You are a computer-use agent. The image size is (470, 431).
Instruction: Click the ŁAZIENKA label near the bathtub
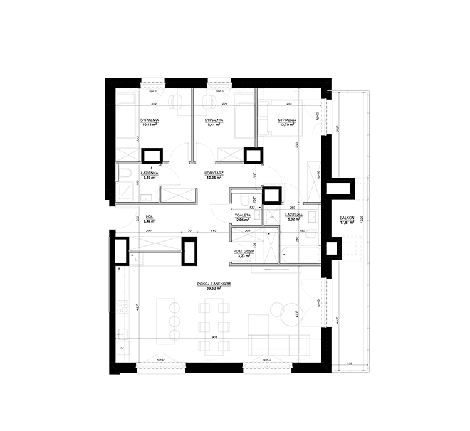point(294,215)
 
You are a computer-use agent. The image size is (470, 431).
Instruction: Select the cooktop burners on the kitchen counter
point(122,307)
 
